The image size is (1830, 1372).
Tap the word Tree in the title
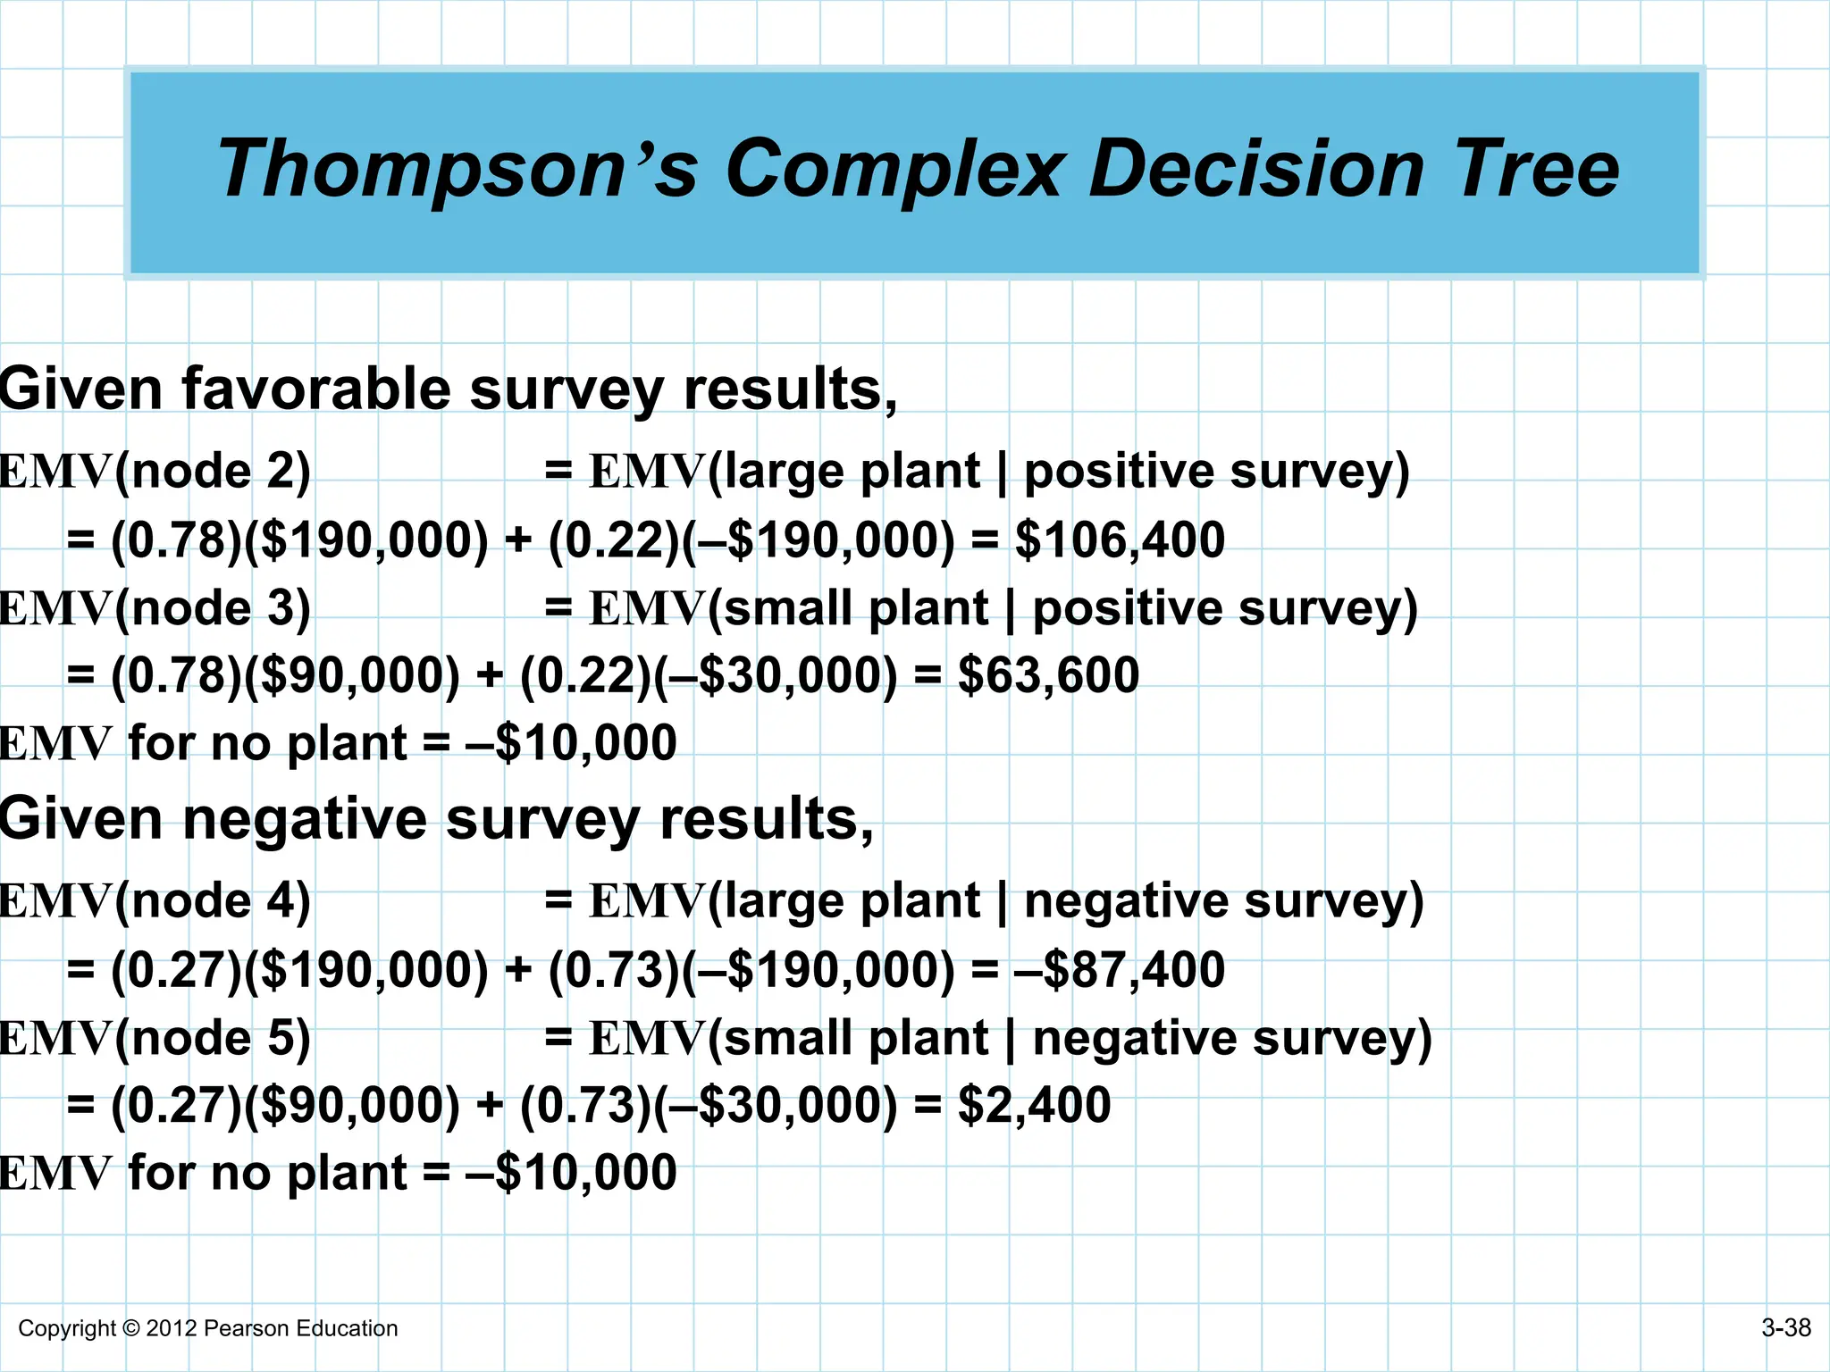coord(1537,170)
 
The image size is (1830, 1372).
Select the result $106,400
coord(1120,540)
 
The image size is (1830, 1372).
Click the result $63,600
coord(1048,675)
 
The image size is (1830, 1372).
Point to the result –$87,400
coord(1120,970)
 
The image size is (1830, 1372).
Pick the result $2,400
coord(1034,1105)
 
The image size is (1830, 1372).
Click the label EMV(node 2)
coord(155,472)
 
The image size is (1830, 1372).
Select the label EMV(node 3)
coord(155,609)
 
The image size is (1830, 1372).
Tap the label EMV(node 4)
coord(155,901)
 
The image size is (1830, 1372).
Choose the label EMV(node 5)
coord(155,1039)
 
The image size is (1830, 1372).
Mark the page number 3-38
coord(1785,1328)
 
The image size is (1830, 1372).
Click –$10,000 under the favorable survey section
coord(572,743)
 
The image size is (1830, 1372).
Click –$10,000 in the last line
coord(572,1173)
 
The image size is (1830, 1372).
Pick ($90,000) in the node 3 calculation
coord(352,676)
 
